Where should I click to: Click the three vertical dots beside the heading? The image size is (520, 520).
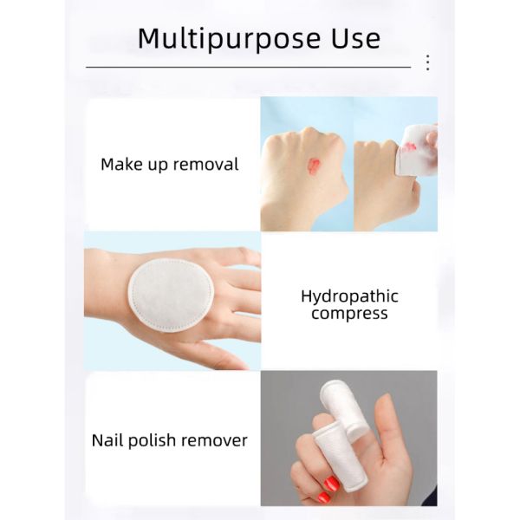[x=428, y=62]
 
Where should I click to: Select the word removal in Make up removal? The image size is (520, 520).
[x=206, y=164]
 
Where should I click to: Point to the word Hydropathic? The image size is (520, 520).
[x=349, y=296]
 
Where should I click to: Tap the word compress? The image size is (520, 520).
[x=349, y=314]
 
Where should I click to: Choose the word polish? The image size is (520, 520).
[x=152, y=441]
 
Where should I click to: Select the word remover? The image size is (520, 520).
[x=214, y=441]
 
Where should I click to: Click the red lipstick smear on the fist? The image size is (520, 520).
[x=314, y=165]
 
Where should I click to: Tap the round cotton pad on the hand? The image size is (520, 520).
[x=171, y=295]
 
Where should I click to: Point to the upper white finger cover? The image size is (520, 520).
[x=345, y=409]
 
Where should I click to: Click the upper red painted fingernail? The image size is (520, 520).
[x=332, y=484]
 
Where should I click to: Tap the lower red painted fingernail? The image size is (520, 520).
[x=323, y=497]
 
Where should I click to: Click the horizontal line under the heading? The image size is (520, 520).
[x=249, y=67]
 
